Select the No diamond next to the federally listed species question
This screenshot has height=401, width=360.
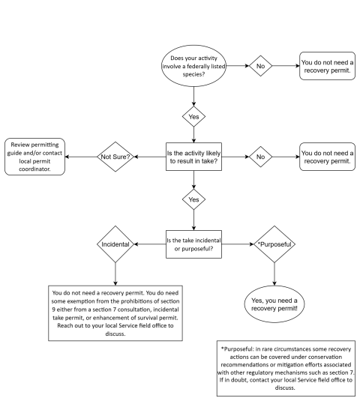click(x=260, y=66)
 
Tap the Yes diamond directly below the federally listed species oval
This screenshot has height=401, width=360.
click(x=193, y=117)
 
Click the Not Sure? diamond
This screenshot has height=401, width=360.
click(x=116, y=157)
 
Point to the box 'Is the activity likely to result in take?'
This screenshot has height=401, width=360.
click(x=194, y=157)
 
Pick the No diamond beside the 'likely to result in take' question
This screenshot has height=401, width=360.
click(x=260, y=157)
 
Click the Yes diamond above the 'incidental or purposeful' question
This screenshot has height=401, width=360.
click(x=193, y=200)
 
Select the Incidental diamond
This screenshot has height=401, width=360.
click(x=116, y=244)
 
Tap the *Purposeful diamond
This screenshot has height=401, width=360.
click(x=274, y=244)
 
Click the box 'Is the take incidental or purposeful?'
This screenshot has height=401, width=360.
click(x=194, y=244)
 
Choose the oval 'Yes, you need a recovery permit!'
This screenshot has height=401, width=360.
click(x=274, y=304)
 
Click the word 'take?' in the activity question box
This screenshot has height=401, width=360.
click(x=208, y=162)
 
